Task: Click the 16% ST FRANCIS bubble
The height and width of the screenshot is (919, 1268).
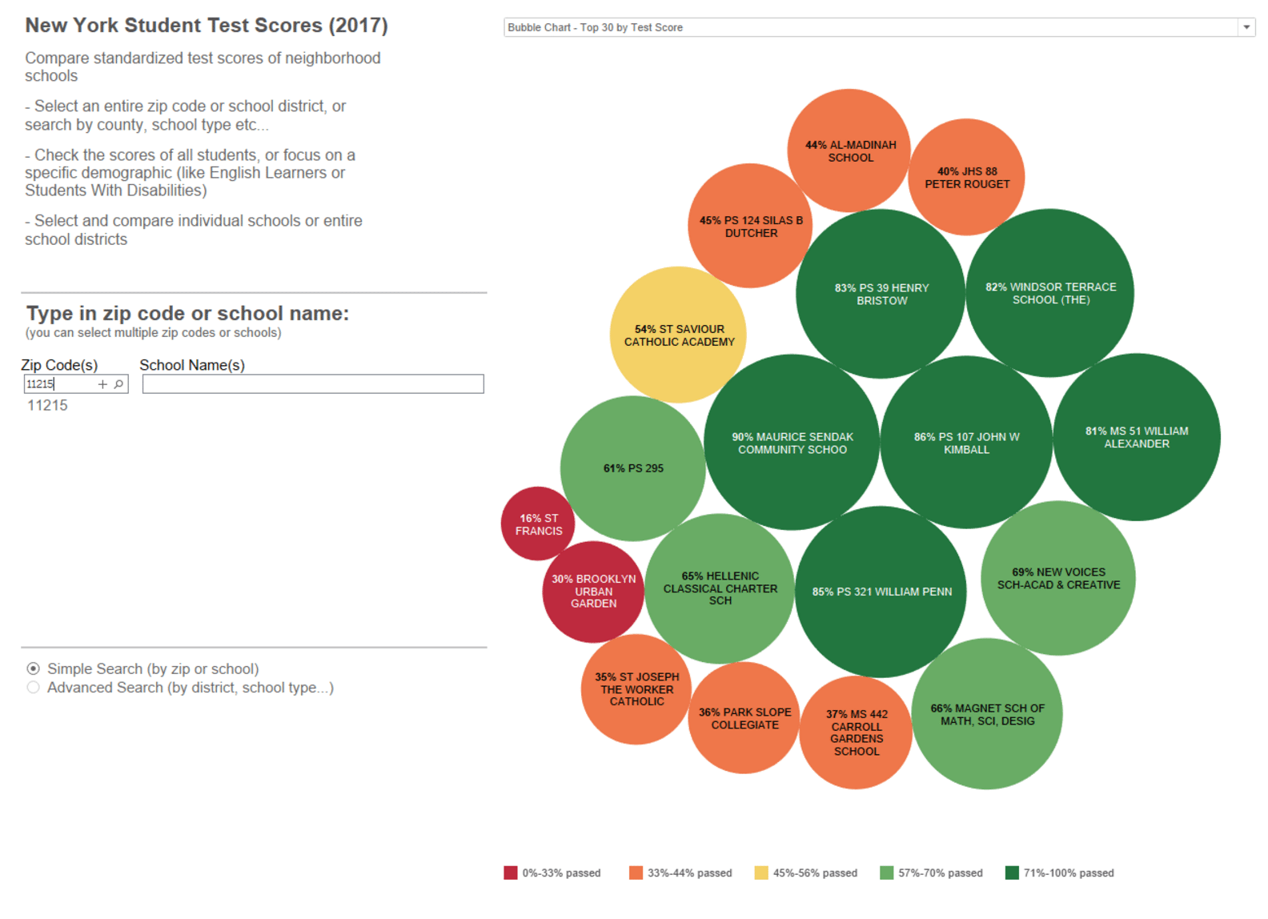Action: pyautogui.click(x=537, y=524)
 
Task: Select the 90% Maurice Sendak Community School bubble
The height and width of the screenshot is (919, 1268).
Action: pyautogui.click(x=792, y=443)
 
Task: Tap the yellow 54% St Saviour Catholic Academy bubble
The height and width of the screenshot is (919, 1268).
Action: pyautogui.click(x=678, y=335)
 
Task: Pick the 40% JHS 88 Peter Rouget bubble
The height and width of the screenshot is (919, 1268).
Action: pyautogui.click(x=966, y=177)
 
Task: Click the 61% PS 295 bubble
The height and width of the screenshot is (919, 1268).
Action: pyautogui.click(x=632, y=468)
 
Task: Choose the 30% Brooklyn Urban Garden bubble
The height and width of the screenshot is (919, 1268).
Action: pyautogui.click(x=593, y=592)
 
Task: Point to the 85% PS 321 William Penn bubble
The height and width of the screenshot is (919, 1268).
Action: pyautogui.click(x=881, y=592)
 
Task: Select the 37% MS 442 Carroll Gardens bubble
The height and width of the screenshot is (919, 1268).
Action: pyautogui.click(x=856, y=732)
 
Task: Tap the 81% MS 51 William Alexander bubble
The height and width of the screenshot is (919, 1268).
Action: pyautogui.click(x=1136, y=437)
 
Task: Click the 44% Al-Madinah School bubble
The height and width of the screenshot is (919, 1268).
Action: pyautogui.click(x=849, y=150)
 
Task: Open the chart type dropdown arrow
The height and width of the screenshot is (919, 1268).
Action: pyautogui.click(x=1246, y=27)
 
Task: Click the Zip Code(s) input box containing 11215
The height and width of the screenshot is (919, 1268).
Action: pyautogui.click(x=59, y=384)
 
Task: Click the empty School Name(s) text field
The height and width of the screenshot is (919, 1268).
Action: pyautogui.click(x=313, y=384)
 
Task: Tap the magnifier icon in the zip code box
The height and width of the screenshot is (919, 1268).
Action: pyautogui.click(x=118, y=384)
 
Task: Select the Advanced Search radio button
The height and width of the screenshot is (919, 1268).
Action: pyautogui.click(x=33, y=688)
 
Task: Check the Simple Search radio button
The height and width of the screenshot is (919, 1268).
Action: pyautogui.click(x=33, y=668)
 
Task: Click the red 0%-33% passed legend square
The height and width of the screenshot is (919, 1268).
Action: pyautogui.click(x=511, y=873)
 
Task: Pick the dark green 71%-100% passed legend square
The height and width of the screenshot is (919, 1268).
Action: pyautogui.click(x=1012, y=873)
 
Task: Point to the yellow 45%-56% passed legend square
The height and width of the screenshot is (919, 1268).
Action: pyautogui.click(x=761, y=873)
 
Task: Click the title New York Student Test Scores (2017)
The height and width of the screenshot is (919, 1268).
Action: pyautogui.click(x=207, y=26)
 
